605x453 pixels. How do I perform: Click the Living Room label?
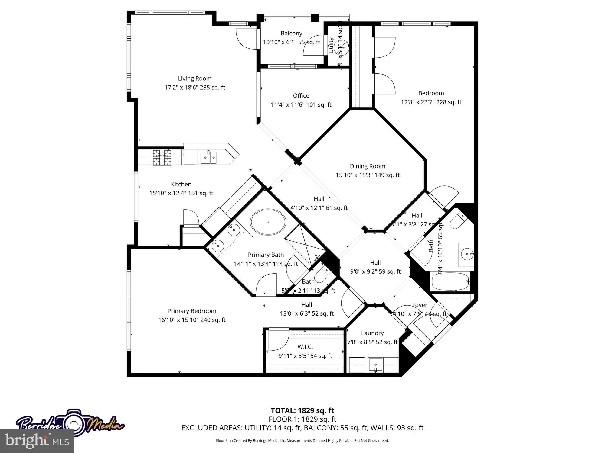195,79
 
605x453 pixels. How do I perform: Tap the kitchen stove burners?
162,158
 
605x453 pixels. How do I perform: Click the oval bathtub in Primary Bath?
268,222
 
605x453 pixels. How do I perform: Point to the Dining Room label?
368,166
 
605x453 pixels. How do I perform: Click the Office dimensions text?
301,105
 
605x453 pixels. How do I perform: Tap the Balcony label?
291,33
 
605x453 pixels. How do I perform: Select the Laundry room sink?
375,365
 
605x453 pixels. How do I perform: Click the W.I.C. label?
305,347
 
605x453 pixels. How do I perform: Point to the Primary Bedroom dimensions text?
192,320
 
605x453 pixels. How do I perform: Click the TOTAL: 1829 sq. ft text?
302,410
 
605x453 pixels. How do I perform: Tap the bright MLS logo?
37,441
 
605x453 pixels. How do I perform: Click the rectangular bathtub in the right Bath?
450,281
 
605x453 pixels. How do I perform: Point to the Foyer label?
420,305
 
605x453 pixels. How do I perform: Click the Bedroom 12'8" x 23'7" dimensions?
431,102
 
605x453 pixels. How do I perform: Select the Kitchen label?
181,184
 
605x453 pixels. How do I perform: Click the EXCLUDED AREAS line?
302,428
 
